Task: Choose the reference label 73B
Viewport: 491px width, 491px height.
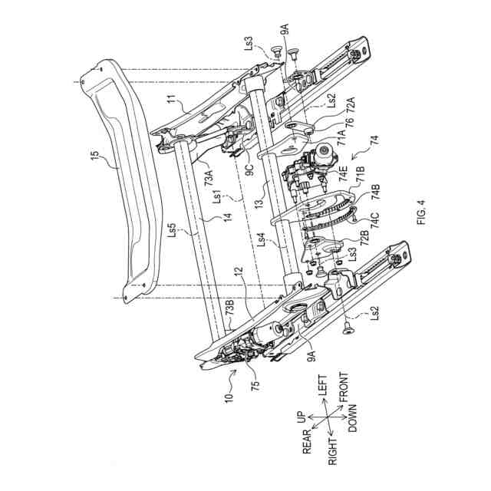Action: (x=230, y=307)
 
